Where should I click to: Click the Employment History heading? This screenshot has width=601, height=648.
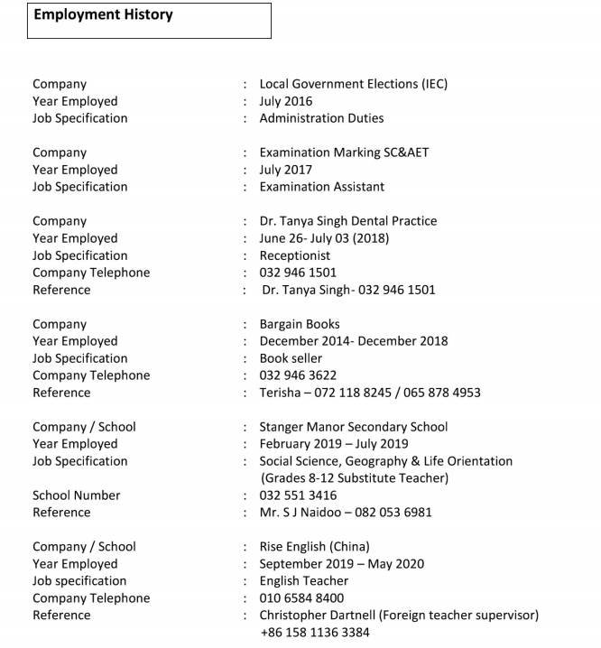click(103, 15)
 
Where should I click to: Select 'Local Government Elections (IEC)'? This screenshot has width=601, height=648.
click(353, 84)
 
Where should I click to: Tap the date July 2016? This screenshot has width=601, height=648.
click(286, 101)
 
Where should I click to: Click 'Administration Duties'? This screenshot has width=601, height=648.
click(321, 118)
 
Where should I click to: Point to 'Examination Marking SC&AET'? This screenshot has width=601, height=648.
click(344, 153)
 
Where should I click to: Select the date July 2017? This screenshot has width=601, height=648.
click(286, 170)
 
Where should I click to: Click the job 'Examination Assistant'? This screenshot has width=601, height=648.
click(321, 187)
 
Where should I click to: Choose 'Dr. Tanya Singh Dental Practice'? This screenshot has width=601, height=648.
click(347, 221)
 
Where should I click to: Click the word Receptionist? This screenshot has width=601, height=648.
click(295, 255)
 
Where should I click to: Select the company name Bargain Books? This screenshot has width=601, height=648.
click(300, 324)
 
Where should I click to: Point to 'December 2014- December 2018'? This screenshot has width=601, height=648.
click(353, 341)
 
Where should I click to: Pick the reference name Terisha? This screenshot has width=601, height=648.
click(282, 393)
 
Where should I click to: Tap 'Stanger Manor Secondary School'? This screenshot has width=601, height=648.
click(353, 427)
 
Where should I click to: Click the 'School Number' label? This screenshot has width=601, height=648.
click(76, 495)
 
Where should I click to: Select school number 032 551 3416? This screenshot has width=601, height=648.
click(298, 495)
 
